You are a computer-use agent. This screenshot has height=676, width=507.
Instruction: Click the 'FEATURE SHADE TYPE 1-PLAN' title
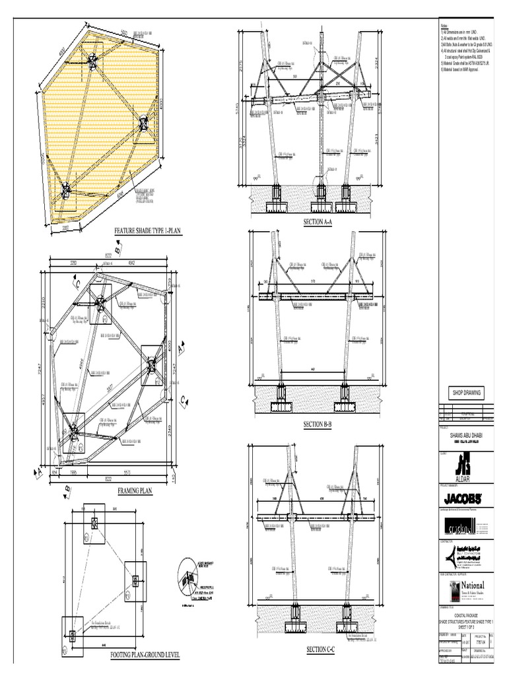point(148,231)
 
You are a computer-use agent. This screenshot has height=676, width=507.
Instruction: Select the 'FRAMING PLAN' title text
point(135,491)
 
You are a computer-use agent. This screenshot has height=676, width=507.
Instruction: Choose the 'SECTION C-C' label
point(321,650)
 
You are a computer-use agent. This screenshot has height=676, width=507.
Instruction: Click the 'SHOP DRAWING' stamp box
point(467,393)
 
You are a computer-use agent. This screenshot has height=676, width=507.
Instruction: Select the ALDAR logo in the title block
point(467,465)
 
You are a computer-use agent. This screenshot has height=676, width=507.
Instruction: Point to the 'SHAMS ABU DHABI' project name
point(467,436)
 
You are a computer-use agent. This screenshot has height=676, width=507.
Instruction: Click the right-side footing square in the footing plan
point(136,580)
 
